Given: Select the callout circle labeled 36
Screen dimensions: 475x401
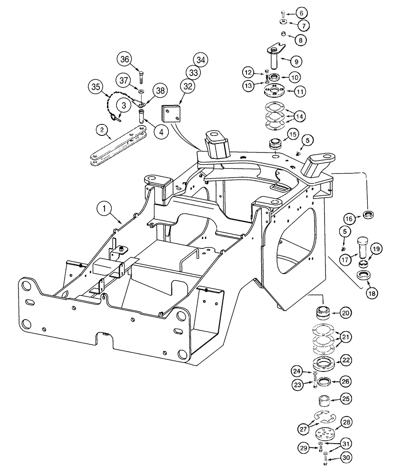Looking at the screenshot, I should (x=124, y=59).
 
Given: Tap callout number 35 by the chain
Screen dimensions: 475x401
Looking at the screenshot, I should (x=96, y=88).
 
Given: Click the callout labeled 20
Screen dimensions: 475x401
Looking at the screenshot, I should (x=345, y=313).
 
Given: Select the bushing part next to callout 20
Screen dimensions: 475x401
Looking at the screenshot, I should (x=323, y=314).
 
